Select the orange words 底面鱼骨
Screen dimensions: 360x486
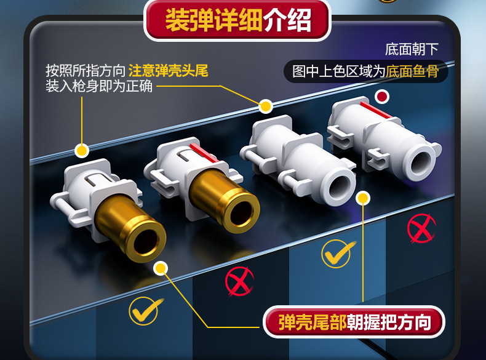pos(412,71)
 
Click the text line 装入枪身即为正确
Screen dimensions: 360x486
pos(98,86)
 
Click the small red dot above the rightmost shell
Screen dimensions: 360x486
pos(382,97)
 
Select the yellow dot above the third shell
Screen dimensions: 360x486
pos(265,106)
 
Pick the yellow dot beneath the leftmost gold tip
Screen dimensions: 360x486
pos(161,268)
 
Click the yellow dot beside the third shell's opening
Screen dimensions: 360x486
pos(363,198)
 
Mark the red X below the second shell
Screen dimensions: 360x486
pos(239,282)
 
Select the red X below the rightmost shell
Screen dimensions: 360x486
pos(421,228)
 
